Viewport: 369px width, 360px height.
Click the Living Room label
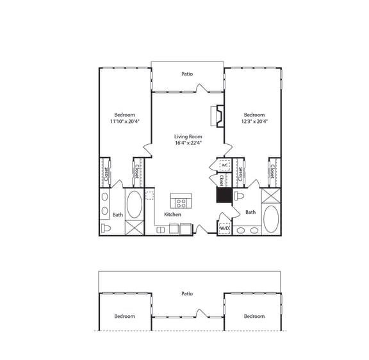click(x=188, y=136)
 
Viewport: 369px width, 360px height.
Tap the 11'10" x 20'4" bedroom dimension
click(x=125, y=122)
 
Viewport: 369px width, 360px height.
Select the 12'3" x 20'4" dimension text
click(x=254, y=122)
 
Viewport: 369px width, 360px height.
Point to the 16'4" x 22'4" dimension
click(x=188, y=143)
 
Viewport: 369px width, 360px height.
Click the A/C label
click(x=225, y=165)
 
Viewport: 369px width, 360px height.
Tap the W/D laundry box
click(x=224, y=228)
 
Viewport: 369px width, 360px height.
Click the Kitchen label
click(x=172, y=215)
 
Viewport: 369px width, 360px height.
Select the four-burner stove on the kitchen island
click(x=181, y=203)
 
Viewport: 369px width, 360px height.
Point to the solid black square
click(x=224, y=195)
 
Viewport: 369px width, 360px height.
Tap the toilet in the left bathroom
click(x=106, y=228)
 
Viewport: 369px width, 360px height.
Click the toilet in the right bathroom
click(x=239, y=196)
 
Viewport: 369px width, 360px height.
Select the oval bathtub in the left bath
click(x=135, y=204)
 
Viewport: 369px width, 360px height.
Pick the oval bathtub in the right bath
click(x=271, y=219)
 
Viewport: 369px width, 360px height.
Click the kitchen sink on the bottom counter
click(x=161, y=230)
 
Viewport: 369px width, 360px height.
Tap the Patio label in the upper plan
click(x=187, y=74)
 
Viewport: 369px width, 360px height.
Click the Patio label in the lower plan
click(x=187, y=293)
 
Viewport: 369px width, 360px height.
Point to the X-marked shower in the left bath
click(x=135, y=227)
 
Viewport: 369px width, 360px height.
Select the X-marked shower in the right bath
click(x=271, y=195)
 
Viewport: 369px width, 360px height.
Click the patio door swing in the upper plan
click(x=202, y=88)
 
